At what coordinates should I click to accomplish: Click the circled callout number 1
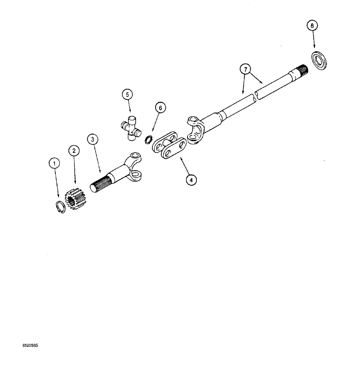point(55,163)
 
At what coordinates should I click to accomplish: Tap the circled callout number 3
point(92,140)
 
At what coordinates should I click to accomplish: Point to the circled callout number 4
point(191,180)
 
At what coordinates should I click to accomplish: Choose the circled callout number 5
point(128,94)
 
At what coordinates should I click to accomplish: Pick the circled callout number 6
point(160,108)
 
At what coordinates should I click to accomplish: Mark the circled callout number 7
point(245,69)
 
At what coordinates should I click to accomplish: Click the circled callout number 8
point(313,26)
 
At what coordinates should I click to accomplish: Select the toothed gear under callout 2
point(74,199)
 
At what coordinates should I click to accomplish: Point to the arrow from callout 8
point(314,40)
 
